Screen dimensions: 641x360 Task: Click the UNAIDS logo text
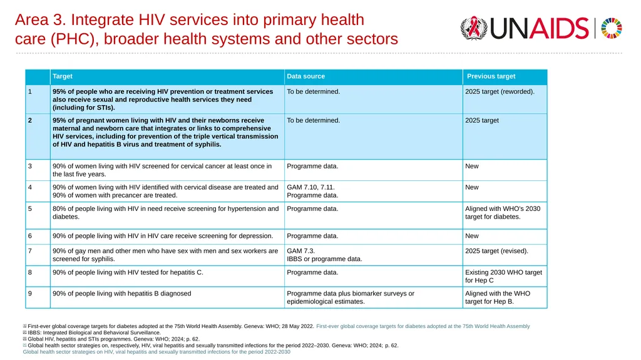click(539, 28)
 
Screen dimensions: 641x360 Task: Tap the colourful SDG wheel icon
click(611, 28)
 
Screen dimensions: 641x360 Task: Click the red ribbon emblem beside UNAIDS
click(474, 28)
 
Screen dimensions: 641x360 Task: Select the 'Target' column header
click(63, 76)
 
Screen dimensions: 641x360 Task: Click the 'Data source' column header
click(305, 76)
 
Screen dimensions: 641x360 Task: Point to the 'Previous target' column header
click(491, 76)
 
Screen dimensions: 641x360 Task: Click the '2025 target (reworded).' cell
click(500, 91)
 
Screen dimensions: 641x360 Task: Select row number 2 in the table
click(30, 120)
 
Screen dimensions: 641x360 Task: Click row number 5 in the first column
click(30, 208)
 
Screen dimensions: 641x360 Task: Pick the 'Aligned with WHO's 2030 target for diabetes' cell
click(503, 213)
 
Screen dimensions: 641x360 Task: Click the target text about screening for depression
click(163, 236)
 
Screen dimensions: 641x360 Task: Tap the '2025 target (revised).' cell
click(496, 251)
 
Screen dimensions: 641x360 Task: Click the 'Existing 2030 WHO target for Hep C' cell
click(503, 277)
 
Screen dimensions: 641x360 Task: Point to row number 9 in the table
click(30, 294)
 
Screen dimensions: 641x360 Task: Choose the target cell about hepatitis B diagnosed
click(122, 294)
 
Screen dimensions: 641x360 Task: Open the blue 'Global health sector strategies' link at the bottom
click(156, 352)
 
